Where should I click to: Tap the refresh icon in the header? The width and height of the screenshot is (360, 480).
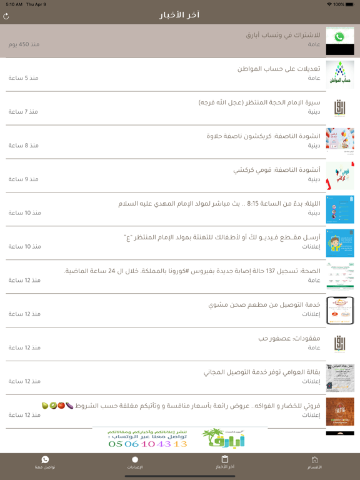[6, 16]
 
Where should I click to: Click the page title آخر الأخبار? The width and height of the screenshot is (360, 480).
[179, 14]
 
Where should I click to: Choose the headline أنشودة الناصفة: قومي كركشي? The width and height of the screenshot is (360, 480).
[277, 170]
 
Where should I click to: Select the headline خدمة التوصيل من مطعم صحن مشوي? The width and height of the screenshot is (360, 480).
[264, 305]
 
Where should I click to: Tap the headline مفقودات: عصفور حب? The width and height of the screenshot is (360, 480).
[289, 339]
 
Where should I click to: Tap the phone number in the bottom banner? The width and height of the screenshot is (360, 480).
[147, 444]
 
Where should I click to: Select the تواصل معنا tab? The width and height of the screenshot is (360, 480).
[45, 462]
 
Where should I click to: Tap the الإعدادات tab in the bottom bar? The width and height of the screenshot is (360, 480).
[135, 462]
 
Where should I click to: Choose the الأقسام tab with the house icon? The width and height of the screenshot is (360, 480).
[315, 462]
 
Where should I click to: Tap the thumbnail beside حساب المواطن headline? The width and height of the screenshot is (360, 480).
[339, 74]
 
